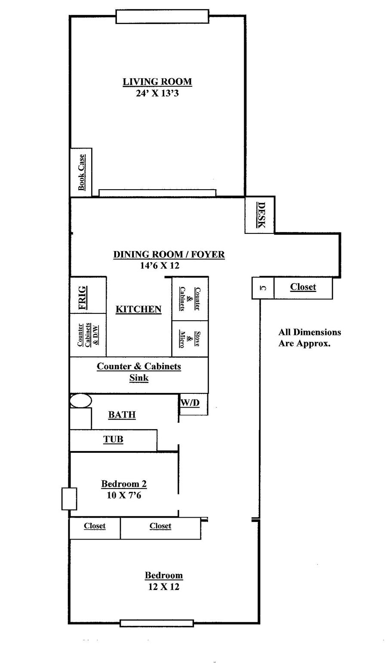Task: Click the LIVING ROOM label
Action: click(157, 81)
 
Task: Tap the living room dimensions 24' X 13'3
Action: click(157, 93)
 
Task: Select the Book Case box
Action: click(81, 172)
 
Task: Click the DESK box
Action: click(260, 215)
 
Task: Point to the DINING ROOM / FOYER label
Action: click(169, 254)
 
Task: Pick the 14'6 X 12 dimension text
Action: click(160, 266)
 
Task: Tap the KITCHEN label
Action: click(138, 309)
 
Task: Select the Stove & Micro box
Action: click(190, 339)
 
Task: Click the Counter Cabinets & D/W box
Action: click(88, 335)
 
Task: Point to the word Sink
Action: click(139, 378)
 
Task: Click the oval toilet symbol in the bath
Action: click(80, 400)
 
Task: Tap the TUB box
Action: click(113, 440)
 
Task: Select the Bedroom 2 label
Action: click(124, 484)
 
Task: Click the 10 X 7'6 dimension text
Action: click(124, 495)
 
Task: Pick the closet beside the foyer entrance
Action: click(303, 288)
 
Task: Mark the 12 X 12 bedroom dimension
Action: click(163, 587)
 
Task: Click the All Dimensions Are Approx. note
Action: click(310, 338)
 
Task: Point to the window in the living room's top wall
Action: click(163, 17)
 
